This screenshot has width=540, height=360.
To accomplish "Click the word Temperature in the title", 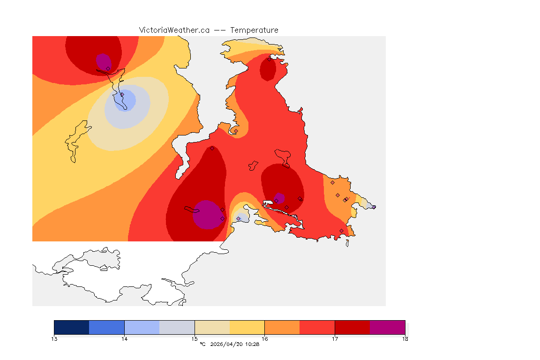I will (x=255, y=30).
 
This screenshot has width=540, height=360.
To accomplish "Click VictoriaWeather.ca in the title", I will (x=174, y=30).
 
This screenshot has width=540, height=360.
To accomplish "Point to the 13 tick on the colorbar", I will (x=54, y=338).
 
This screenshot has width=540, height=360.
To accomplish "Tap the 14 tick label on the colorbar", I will (x=124, y=338).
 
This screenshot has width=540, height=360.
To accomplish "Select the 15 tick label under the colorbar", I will (x=195, y=338).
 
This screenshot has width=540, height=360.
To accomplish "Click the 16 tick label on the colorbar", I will (x=264, y=338).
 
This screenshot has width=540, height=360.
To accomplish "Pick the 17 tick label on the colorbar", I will (x=335, y=338).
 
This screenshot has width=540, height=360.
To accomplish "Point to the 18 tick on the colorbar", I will (x=405, y=338).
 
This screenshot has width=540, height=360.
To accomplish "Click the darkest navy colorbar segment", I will (x=72, y=327).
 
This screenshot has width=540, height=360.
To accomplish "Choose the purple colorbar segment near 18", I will (x=387, y=327).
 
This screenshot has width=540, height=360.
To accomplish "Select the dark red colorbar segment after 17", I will (x=352, y=327).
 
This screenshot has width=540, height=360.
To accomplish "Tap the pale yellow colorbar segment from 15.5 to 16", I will (x=247, y=327).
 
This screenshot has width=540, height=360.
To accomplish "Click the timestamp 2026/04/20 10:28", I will (x=233, y=345).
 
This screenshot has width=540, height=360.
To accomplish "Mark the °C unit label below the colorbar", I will (x=202, y=345).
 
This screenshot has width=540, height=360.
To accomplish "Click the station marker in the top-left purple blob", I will (x=108, y=68).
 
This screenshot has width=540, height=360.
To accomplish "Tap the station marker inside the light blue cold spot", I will (x=122, y=95).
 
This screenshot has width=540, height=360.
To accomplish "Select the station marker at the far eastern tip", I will (x=374, y=207).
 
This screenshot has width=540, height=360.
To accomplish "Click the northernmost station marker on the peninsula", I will (x=269, y=59).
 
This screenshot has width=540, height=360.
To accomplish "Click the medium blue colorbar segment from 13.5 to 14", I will (x=106, y=327).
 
